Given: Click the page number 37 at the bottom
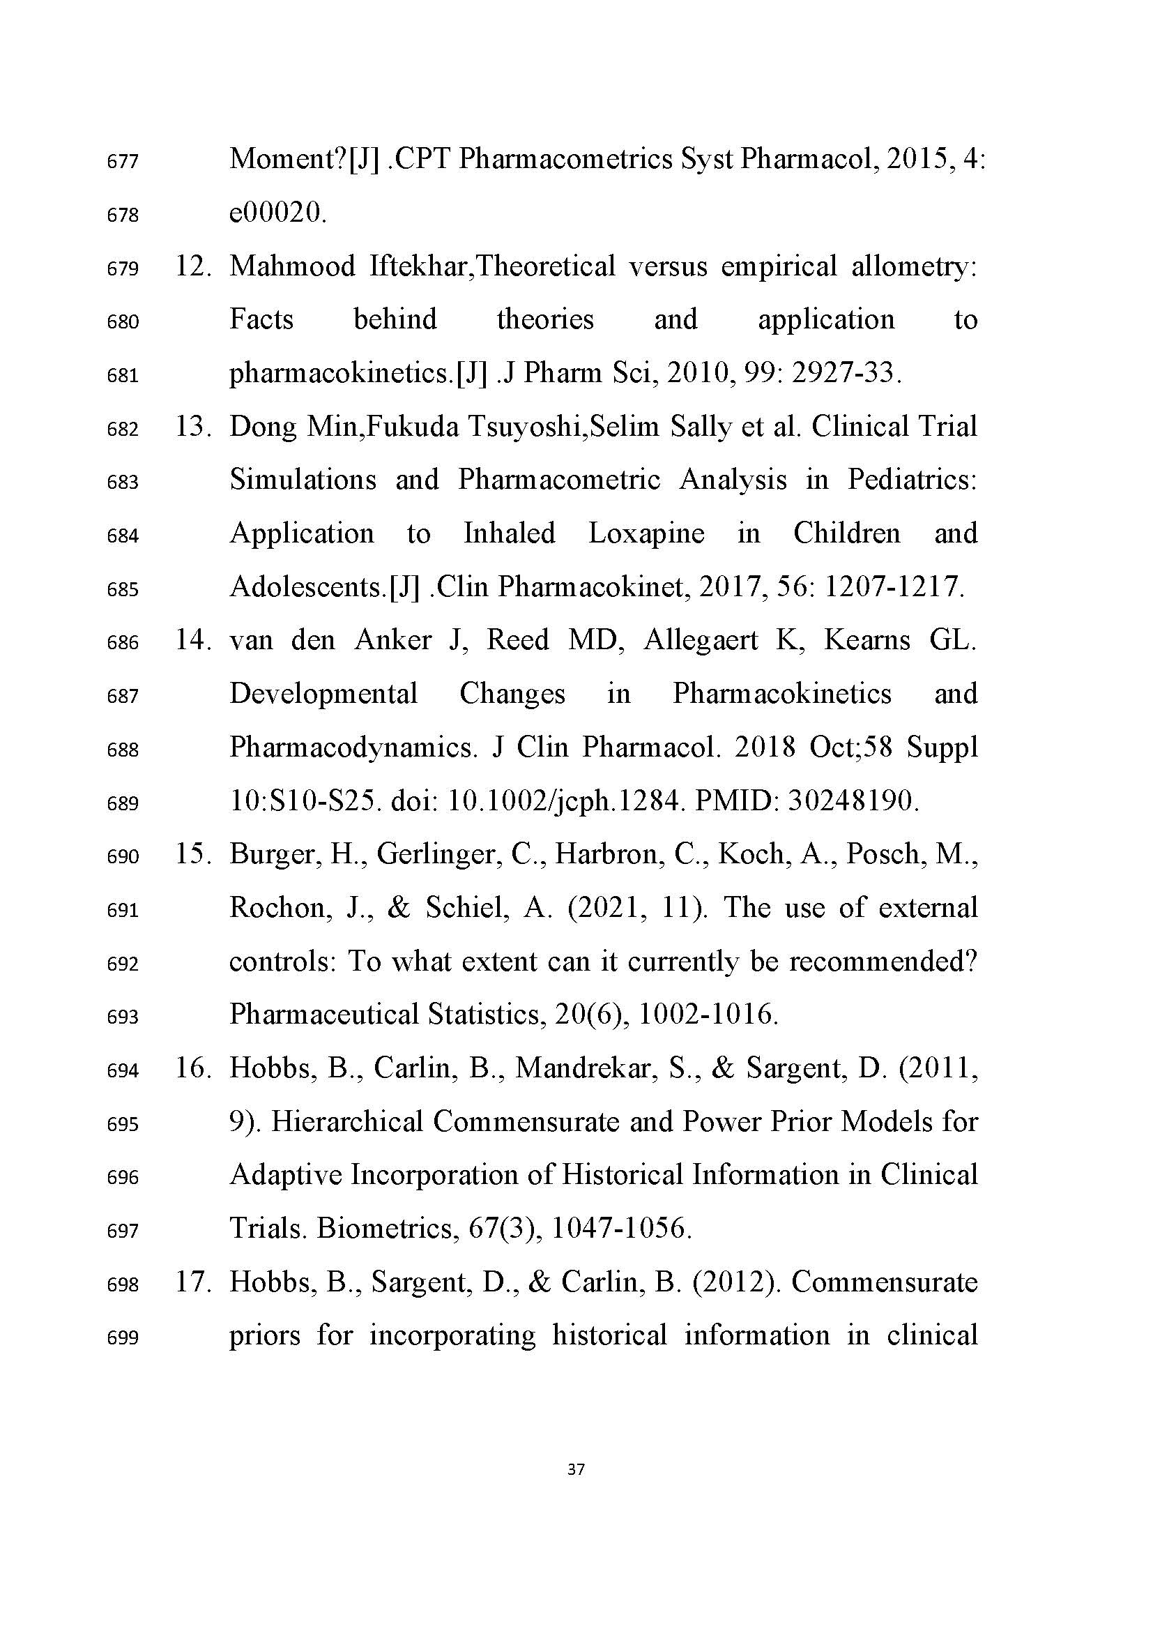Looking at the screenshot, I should point(576,1469).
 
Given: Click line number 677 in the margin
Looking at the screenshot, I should point(122,162).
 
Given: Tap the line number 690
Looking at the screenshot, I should point(122,857).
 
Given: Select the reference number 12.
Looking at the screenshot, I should point(192,266).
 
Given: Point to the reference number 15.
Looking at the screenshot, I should point(192,854).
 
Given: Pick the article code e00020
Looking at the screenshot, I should point(277,213).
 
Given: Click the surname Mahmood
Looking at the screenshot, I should point(293,266).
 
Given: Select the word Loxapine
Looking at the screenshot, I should point(646,533).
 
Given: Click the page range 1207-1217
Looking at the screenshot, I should point(893,586).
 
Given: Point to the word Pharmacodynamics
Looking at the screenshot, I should point(353,748).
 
